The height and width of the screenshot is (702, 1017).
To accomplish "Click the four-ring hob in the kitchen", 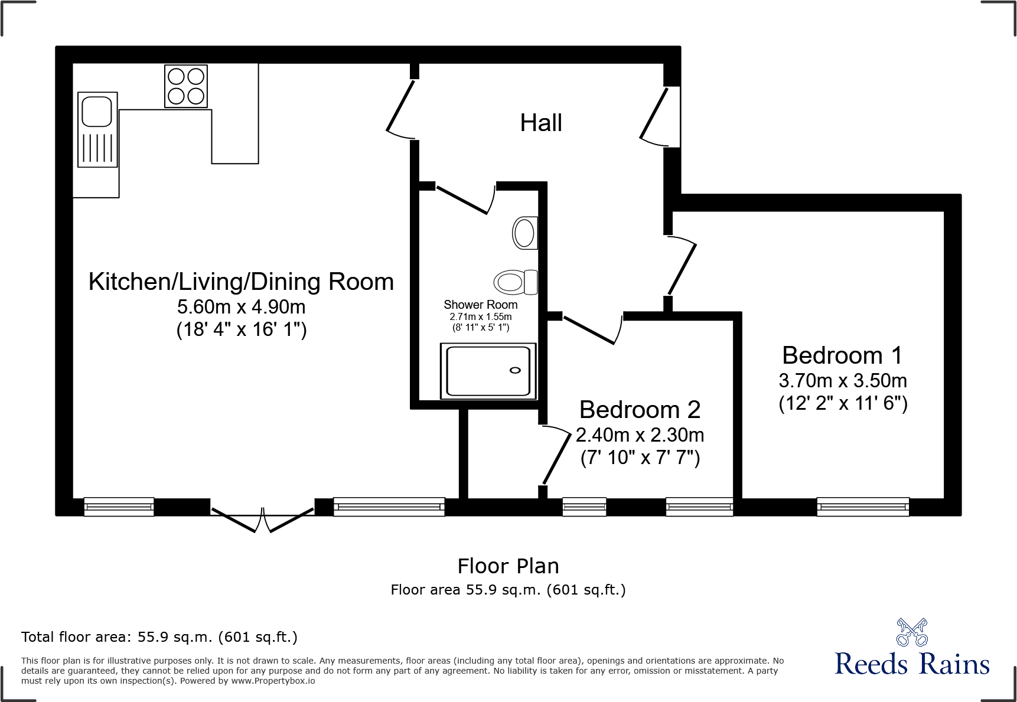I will coord(186,86).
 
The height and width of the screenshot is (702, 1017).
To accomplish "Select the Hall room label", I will coord(540,123).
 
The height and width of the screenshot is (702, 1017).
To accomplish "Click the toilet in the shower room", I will coord(515,282).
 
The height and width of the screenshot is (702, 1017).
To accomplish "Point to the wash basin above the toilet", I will coord(524,233).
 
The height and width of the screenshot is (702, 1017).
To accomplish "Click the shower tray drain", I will coord(515,370).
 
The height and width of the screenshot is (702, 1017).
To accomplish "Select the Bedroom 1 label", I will coord(842,355).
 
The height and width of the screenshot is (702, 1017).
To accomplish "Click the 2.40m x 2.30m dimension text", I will coord(640,435).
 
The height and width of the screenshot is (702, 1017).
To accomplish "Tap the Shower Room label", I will coord(480,305).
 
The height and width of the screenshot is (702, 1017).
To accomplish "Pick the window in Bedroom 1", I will coord(863,507).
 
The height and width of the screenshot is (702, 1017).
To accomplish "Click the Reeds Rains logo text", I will coord(911,664).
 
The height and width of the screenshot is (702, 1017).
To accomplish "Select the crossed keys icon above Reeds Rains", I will coord(912,632).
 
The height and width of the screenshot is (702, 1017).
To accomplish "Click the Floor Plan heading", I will coord(508,566).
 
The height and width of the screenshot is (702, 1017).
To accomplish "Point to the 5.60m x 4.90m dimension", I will coord(241,307).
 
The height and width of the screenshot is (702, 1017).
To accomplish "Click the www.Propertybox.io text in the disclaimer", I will coord(273,681).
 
